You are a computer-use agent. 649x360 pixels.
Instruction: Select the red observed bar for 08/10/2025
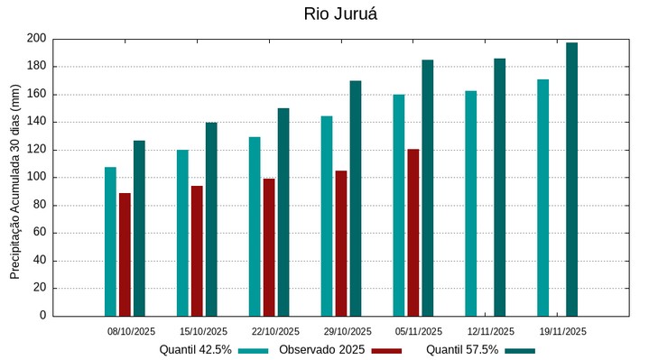125,254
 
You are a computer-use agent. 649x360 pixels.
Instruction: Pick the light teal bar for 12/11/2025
471,203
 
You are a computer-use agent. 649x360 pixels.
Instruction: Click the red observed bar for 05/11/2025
413,233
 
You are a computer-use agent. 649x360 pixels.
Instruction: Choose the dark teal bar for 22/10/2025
283,212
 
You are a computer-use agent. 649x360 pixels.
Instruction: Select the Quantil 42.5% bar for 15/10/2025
182,233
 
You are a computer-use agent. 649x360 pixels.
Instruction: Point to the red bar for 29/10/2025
341,244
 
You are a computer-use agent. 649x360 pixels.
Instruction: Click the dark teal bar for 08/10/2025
139,228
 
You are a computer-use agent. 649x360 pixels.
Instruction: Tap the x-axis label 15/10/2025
203,331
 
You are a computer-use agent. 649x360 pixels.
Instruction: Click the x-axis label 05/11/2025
419,331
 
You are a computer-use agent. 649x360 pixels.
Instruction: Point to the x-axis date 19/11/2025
562,331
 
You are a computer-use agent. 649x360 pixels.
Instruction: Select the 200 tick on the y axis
36,39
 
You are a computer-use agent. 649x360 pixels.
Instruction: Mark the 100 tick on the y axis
36,178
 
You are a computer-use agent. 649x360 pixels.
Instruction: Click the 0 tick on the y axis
42,316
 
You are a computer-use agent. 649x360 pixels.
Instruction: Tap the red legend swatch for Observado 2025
386,350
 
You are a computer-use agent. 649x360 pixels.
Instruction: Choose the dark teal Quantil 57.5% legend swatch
520,350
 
